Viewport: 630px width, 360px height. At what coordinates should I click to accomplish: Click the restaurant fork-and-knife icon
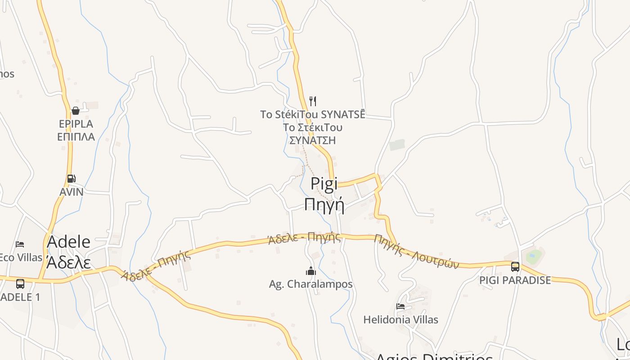point(313,101)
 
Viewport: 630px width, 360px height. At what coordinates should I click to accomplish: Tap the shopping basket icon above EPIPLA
point(75,111)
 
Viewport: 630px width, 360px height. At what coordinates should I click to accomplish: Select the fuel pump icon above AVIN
point(71,179)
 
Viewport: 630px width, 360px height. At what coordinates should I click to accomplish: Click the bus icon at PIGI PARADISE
point(515,267)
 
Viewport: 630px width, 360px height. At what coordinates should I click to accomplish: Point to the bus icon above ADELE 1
point(20,284)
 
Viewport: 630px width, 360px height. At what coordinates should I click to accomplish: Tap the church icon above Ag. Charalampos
point(310,271)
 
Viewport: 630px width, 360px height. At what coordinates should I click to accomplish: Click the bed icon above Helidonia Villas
point(400,306)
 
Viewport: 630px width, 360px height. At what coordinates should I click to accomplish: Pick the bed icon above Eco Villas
point(20,244)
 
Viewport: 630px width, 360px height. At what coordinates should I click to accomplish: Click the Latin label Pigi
point(324,184)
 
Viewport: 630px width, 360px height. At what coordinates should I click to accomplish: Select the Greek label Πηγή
point(324,205)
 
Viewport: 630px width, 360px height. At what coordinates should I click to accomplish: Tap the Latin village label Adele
point(68,242)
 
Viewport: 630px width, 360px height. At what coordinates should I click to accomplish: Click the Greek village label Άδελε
point(68,262)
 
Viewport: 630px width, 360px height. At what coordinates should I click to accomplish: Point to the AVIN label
point(72,192)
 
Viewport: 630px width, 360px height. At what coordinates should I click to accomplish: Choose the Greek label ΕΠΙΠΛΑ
point(76,137)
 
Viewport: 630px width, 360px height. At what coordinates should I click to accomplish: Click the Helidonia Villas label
point(400,320)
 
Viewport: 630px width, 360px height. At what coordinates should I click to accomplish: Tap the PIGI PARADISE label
point(515,280)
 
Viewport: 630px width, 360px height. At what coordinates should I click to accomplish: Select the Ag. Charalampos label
point(310,284)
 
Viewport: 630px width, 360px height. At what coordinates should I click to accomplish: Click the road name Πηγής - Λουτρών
point(416,252)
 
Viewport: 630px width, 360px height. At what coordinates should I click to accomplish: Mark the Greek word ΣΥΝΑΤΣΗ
point(312,140)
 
